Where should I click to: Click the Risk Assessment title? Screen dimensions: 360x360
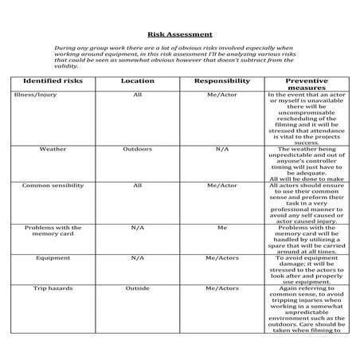coord(180,34)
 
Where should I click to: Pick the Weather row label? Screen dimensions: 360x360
coord(53,149)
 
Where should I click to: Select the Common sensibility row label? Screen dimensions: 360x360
coord(53,186)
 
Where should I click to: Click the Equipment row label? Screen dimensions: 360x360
coord(53,258)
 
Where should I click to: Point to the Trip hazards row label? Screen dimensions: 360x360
coord(53,288)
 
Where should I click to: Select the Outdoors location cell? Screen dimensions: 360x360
coord(137,149)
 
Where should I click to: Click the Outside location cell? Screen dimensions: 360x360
coord(137,288)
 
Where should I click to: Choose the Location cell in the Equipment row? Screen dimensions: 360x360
coord(137,258)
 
